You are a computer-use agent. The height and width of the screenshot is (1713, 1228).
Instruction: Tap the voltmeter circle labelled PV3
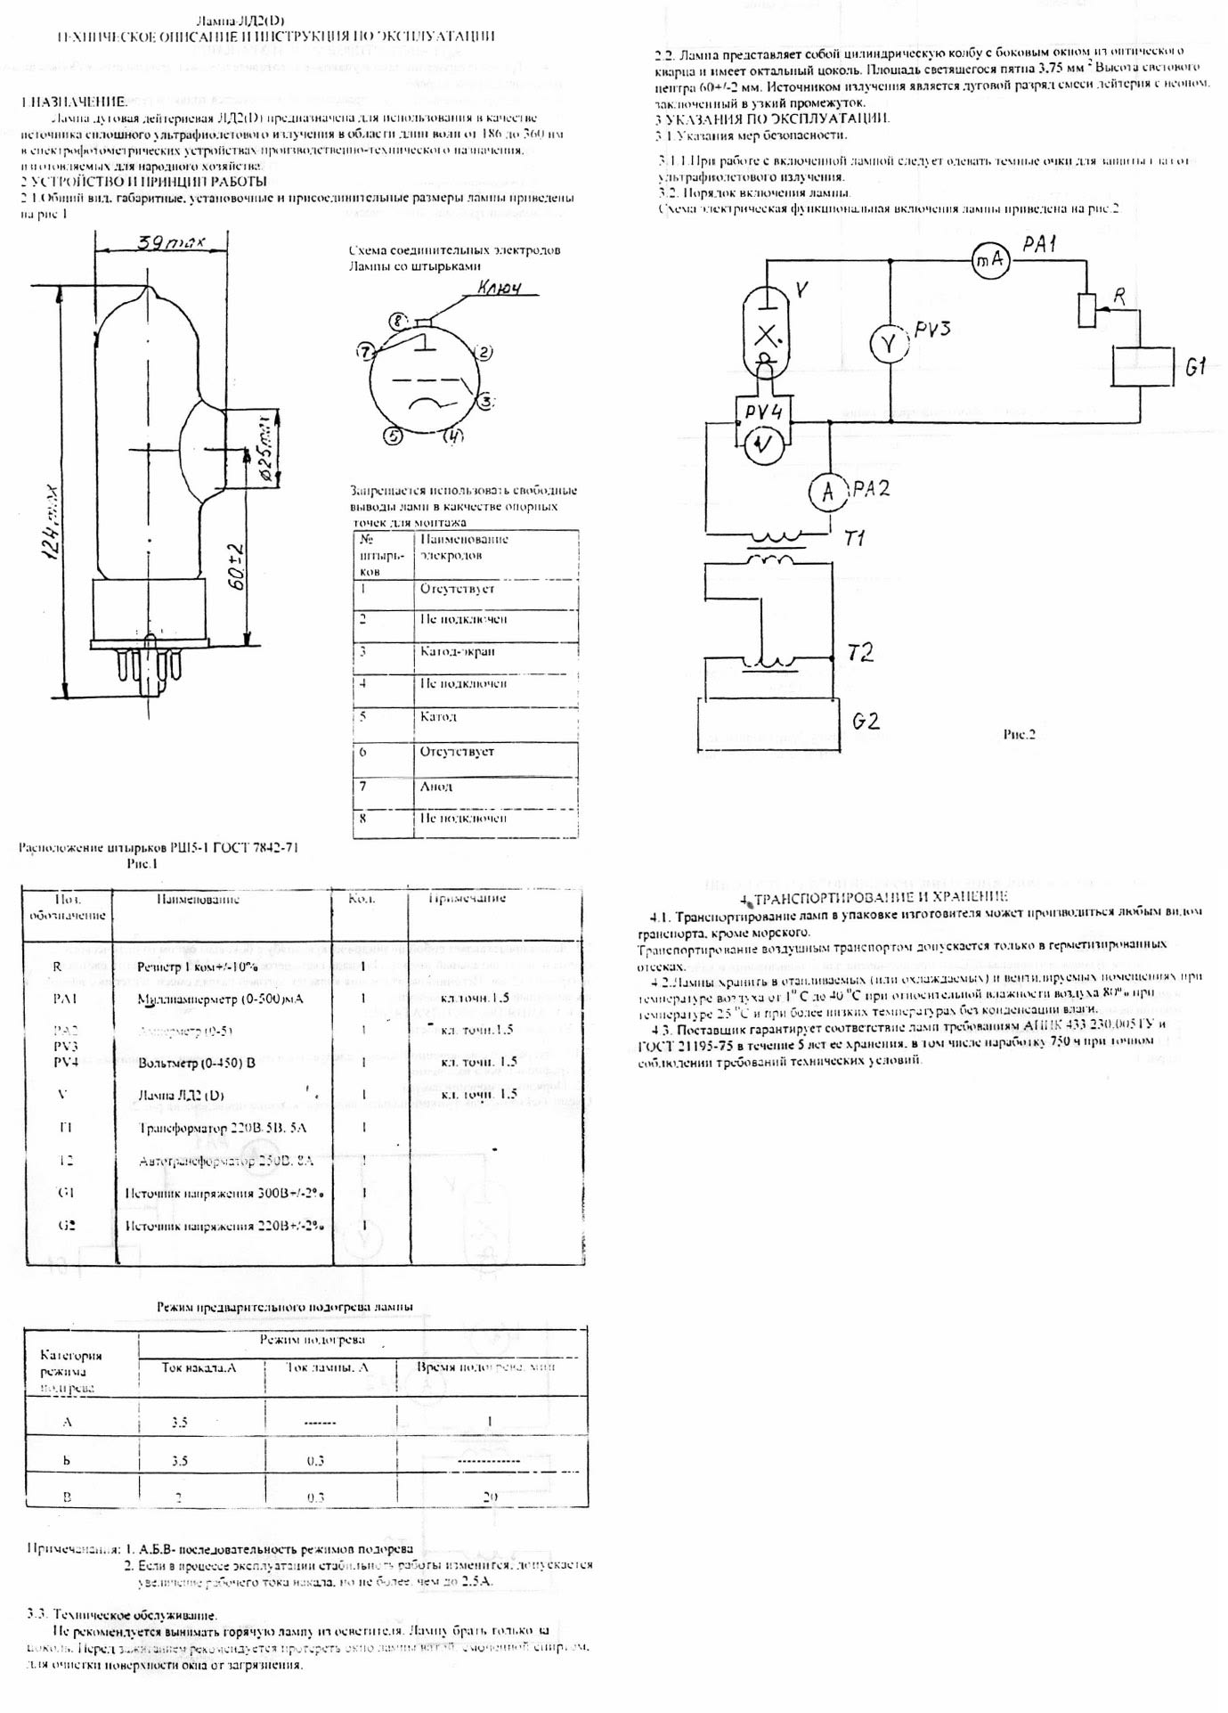pos(888,345)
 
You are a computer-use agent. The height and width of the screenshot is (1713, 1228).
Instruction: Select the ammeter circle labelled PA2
pos(828,491)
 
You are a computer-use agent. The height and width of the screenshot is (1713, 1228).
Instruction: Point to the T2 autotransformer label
pos(860,652)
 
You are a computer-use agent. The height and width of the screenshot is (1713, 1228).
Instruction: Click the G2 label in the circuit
pos(866,721)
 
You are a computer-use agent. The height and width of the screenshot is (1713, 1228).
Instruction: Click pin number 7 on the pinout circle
pos(364,352)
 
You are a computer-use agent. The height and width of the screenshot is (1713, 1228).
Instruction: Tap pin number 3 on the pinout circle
pos(484,402)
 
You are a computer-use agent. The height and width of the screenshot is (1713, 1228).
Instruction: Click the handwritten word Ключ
pos(499,289)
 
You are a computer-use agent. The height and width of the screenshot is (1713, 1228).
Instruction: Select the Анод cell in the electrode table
pos(436,786)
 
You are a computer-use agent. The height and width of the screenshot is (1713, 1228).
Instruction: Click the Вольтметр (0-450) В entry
pos(197,1063)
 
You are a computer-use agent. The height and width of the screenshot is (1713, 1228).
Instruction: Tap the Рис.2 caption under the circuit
pos(1020,735)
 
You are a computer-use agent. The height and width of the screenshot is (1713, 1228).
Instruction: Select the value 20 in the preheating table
pos(490,1497)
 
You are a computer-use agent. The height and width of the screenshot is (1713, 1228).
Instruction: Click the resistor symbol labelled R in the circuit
pos(1086,309)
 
